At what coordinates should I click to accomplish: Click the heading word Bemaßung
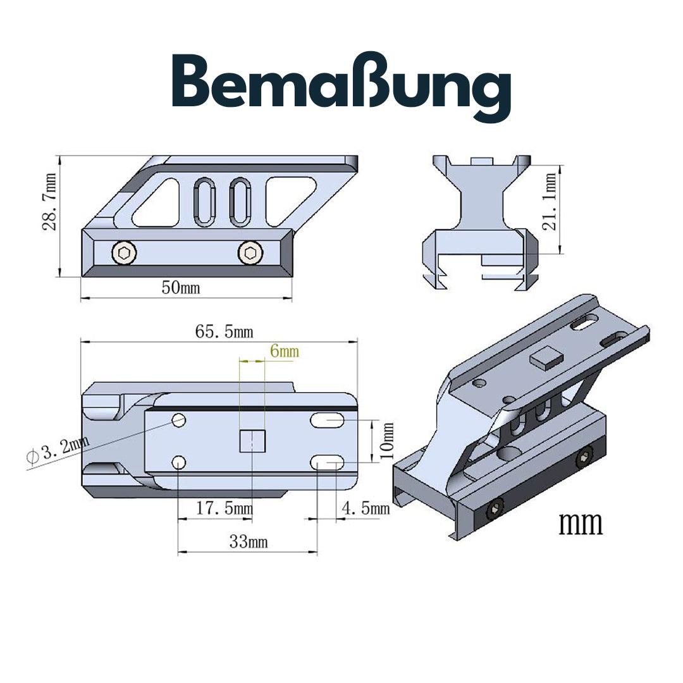[x=341, y=89]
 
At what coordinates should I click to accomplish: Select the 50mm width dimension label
[x=181, y=288]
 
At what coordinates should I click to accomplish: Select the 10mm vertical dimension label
[x=387, y=441]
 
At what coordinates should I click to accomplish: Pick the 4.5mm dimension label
[x=365, y=508]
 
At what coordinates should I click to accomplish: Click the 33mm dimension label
[x=248, y=542]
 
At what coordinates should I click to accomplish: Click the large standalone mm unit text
[x=581, y=524]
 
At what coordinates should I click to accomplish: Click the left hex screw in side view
[x=123, y=254]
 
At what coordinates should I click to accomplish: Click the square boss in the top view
[x=251, y=441]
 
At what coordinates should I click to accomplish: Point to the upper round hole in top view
[x=179, y=420]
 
